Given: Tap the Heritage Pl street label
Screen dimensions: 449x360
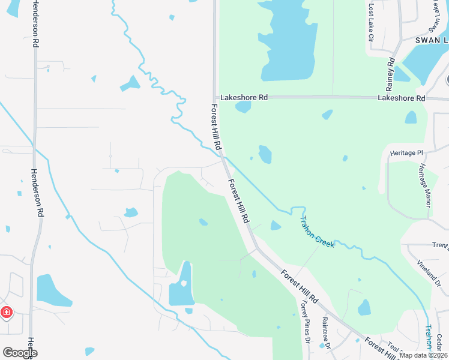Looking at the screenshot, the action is click(x=406, y=153).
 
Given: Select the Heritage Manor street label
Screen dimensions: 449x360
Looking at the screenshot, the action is click(x=426, y=185).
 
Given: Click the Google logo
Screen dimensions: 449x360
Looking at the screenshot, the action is click(x=19, y=353).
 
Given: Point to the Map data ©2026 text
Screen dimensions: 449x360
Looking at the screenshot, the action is click(x=423, y=355).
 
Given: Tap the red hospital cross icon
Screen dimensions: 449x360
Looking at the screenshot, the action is click(x=6, y=313).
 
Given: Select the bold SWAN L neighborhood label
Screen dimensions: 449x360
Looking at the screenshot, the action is click(x=432, y=40).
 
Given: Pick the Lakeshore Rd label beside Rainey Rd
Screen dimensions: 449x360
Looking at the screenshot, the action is click(x=402, y=98).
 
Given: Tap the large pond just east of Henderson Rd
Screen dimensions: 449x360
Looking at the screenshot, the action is click(x=53, y=290).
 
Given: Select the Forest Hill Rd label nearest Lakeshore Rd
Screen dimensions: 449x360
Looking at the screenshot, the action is click(x=216, y=127).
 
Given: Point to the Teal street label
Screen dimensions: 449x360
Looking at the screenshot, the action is click(x=394, y=346).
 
